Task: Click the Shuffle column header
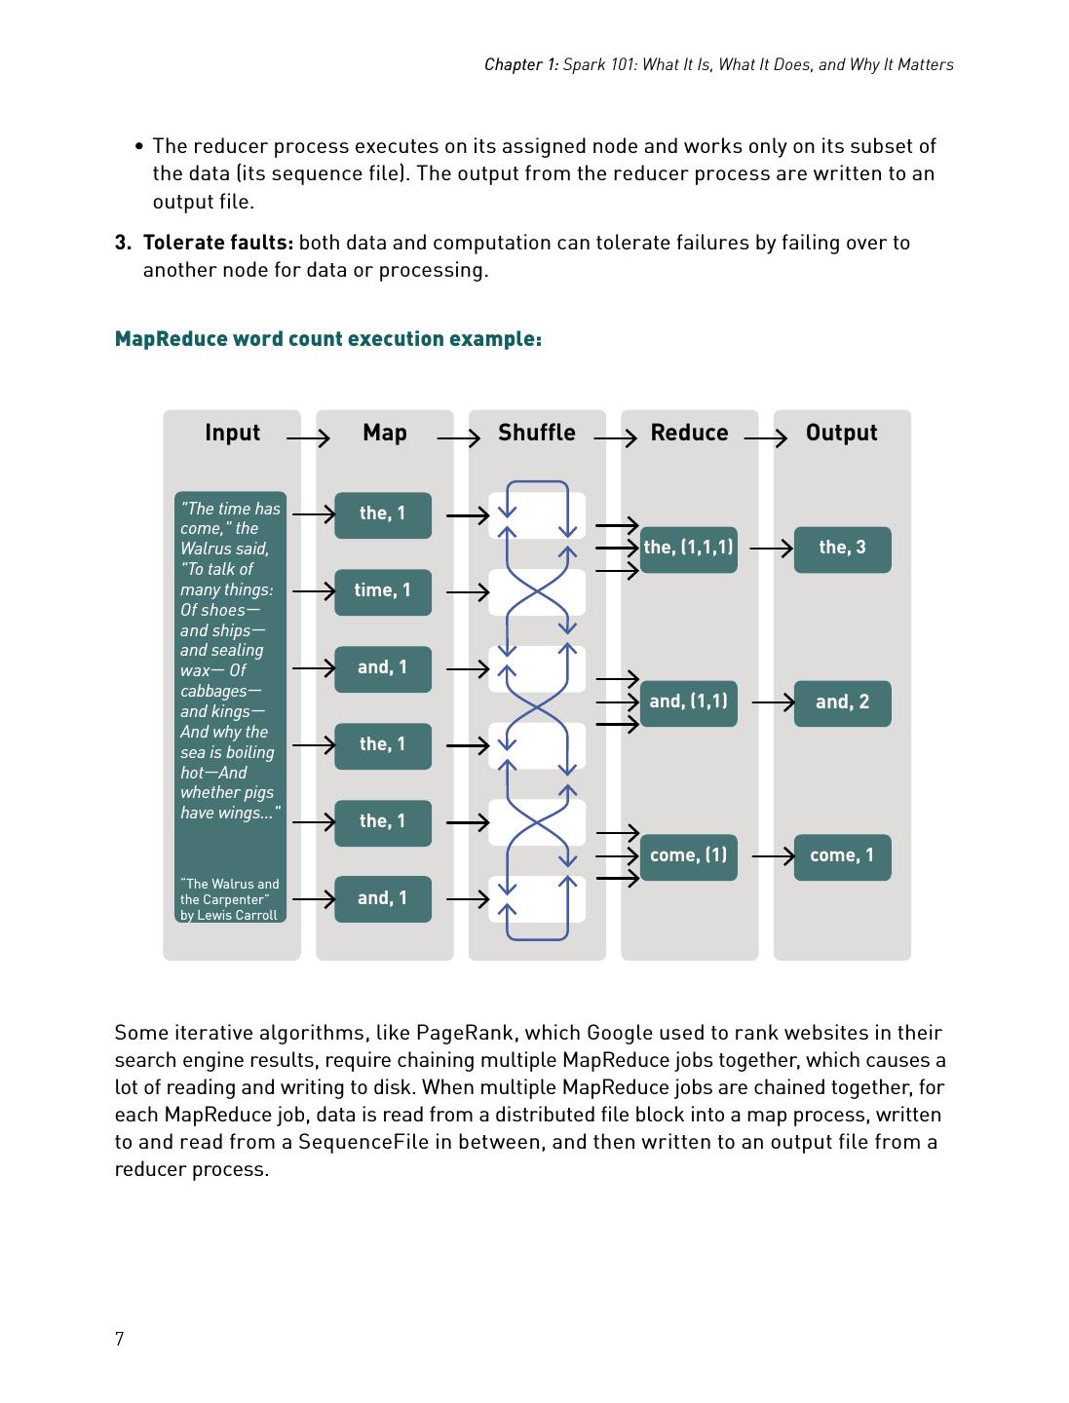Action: coord(536,433)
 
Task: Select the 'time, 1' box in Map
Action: coord(383,591)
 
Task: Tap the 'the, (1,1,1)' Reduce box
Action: coord(688,549)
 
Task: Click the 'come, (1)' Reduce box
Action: coord(688,856)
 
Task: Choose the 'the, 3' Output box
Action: coord(842,549)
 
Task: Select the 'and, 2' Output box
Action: coord(842,702)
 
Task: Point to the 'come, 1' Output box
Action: coord(842,856)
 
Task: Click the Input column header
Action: coord(232,433)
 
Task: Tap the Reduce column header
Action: coord(689,433)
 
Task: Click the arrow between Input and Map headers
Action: coord(308,439)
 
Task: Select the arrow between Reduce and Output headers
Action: coord(765,439)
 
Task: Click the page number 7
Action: coord(120,1339)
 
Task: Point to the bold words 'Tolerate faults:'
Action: coord(218,243)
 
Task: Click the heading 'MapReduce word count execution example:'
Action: coord(328,339)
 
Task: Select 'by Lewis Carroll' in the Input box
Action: coord(229,915)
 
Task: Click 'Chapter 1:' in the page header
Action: coord(521,64)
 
